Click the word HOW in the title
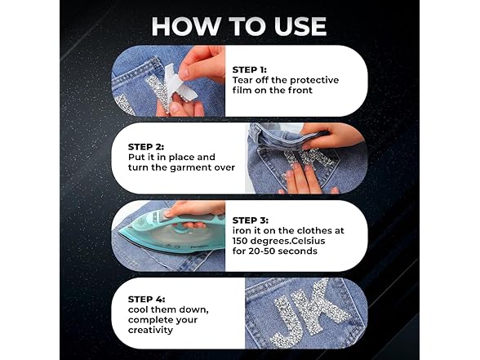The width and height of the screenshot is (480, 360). click(186, 26)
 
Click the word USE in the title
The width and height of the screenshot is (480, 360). click(300, 26)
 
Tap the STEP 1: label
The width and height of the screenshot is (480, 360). click(249, 70)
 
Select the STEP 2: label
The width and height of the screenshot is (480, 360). click(145, 147)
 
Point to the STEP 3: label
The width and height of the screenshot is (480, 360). click(250, 220)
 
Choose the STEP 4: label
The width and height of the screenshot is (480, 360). click(146, 299)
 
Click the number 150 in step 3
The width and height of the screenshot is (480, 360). click(240, 241)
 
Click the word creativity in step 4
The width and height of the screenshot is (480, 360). click(150, 331)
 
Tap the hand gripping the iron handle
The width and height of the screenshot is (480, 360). click(193, 214)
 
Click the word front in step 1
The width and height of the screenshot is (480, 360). click(300, 91)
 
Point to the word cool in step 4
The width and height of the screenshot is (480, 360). click(138, 309)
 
